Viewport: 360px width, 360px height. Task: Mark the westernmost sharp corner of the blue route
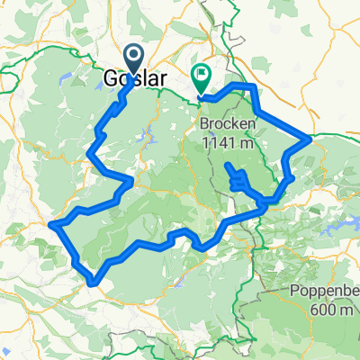pos(53,223)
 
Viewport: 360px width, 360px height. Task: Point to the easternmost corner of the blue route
pos(310,139)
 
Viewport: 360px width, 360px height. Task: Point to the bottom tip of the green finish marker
pos(201,94)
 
